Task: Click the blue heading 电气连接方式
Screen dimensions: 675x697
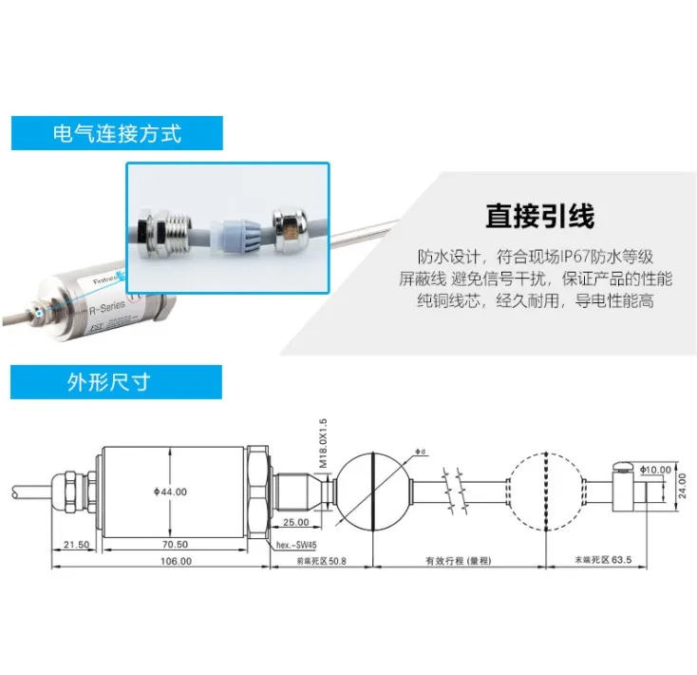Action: (x=117, y=133)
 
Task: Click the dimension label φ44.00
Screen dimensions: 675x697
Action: (x=170, y=492)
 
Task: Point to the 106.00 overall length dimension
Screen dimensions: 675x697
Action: (x=175, y=561)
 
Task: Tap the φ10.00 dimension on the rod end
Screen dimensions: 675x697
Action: (x=655, y=470)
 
